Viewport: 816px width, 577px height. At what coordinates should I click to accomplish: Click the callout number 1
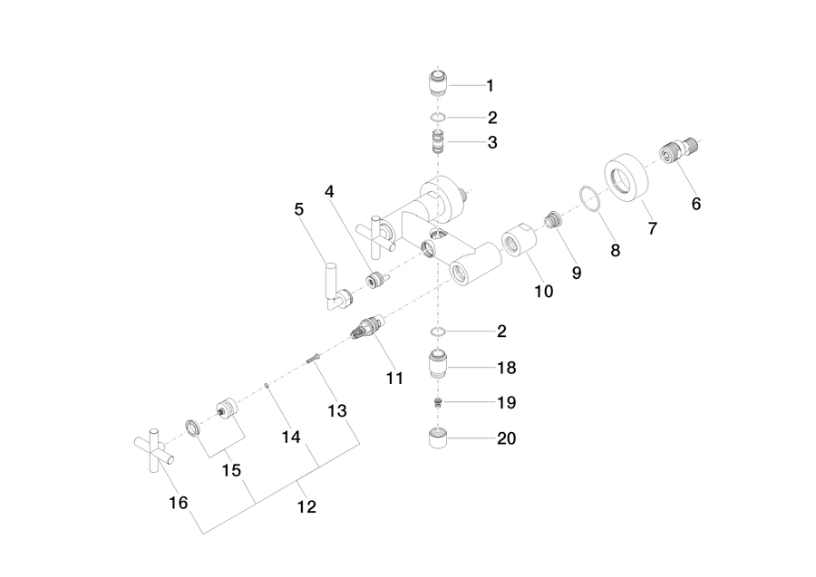(490, 86)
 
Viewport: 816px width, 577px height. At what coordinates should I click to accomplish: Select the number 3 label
(492, 142)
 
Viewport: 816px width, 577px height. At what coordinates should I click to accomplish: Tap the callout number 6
(696, 204)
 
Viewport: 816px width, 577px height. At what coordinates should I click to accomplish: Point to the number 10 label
(544, 291)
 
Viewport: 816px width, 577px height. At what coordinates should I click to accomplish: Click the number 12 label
(306, 506)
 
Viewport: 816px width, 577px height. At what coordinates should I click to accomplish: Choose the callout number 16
(178, 503)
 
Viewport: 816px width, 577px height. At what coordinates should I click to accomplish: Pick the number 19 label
(506, 402)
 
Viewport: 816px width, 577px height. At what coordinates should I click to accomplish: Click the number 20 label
(506, 438)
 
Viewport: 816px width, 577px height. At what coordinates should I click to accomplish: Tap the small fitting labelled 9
(554, 219)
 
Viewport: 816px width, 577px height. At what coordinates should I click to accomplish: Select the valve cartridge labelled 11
(367, 328)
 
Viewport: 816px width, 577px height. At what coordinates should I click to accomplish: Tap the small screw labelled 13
(313, 358)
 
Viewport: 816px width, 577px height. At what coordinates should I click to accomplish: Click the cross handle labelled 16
(154, 450)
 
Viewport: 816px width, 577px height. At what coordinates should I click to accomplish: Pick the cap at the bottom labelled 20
(438, 438)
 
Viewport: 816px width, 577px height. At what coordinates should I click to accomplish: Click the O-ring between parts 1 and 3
(438, 118)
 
